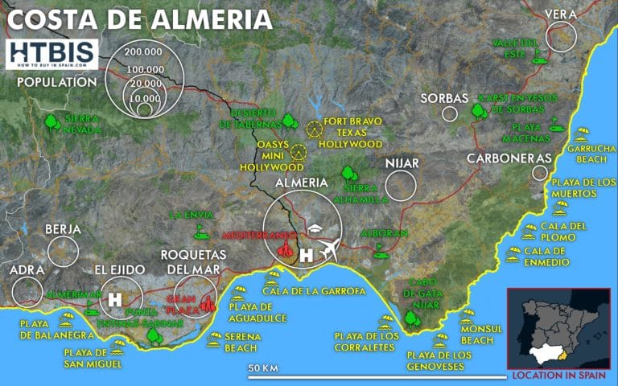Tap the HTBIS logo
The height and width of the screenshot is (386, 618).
[x=51, y=54]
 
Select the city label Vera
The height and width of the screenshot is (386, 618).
[x=562, y=14]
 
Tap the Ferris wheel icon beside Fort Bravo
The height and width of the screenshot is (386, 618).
[x=312, y=127]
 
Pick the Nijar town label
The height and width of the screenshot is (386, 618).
[x=402, y=163]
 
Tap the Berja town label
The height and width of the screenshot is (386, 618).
[x=63, y=229]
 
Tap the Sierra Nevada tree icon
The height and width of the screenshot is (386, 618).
[x=52, y=122]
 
